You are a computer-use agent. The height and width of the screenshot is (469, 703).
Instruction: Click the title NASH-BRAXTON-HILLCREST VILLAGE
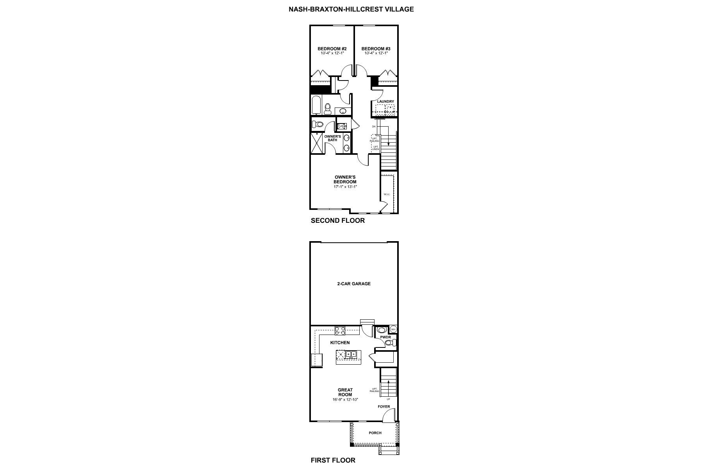click(x=351, y=9)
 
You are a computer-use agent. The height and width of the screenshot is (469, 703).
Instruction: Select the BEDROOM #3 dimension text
click(x=376, y=54)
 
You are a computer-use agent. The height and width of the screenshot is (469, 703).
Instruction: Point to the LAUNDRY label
click(x=385, y=102)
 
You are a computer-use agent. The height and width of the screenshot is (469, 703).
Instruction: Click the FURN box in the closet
click(x=341, y=126)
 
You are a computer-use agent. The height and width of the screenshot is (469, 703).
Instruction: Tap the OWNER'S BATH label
click(x=332, y=138)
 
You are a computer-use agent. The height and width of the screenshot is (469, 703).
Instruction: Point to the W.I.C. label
click(x=387, y=194)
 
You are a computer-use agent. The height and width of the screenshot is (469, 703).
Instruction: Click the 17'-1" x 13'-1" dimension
click(x=345, y=187)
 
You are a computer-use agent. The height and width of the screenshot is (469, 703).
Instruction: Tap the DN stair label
click(x=374, y=127)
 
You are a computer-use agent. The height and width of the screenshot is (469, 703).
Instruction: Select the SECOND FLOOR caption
click(x=337, y=220)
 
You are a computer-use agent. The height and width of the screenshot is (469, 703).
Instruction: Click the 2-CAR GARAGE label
click(x=354, y=284)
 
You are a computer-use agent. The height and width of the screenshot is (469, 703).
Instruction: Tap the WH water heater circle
click(x=393, y=329)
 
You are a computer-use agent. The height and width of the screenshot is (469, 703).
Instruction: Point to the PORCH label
click(x=375, y=433)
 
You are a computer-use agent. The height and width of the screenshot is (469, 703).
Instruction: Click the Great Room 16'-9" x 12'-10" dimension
click(x=345, y=399)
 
